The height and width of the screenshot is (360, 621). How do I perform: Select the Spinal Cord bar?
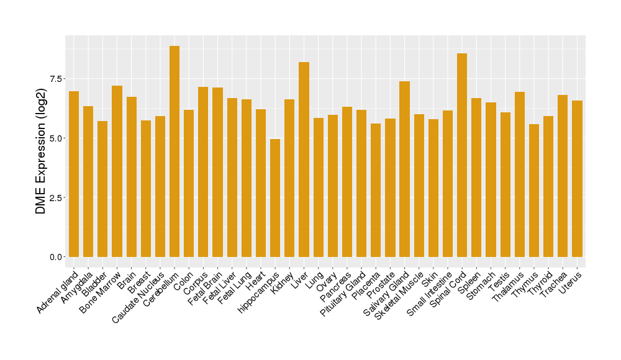462,155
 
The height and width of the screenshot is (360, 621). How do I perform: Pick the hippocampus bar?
275,198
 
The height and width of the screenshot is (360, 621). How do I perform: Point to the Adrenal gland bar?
74,174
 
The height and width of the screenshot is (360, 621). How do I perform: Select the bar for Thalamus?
520,174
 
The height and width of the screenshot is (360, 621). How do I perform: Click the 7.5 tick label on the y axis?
56,79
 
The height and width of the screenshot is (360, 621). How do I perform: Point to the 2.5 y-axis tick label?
56,197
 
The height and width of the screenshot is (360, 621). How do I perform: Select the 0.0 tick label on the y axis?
56,257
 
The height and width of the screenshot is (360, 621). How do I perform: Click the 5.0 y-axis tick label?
56,138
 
